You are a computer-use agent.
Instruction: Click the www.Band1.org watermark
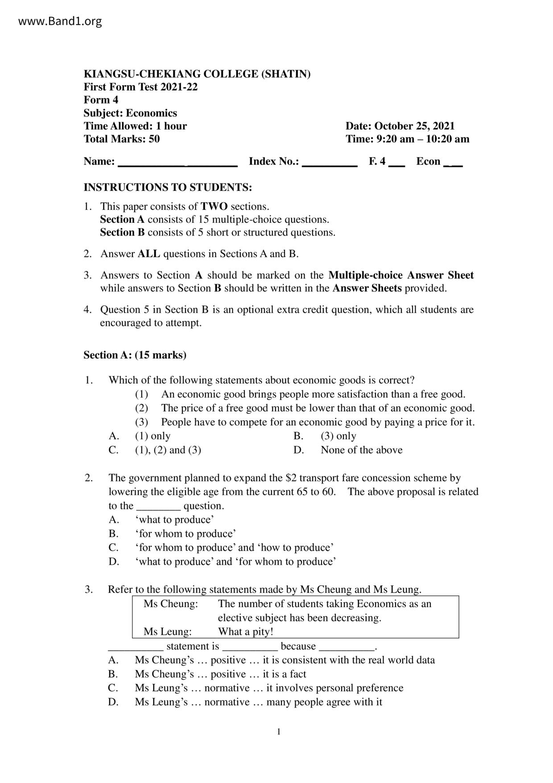(x=60, y=21)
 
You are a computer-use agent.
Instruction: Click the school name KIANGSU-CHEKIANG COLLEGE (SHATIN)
(x=197, y=74)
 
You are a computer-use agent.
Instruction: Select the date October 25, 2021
(x=414, y=126)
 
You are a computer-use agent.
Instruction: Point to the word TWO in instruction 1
(x=214, y=207)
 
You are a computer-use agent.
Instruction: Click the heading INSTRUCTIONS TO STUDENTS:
(x=168, y=187)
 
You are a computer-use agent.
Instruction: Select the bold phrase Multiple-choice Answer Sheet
(x=401, y=275)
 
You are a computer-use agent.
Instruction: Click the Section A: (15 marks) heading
(x=135, y=355)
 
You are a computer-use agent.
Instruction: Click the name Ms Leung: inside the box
(x=167, y=632)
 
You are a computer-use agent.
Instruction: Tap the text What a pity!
(x=245, y=632)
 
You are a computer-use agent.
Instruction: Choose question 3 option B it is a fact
(x=220, y=674)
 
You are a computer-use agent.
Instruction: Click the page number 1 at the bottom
(x=279, y=732)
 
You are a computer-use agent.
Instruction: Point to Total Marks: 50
(x=121, y=139)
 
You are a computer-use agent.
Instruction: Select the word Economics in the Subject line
(x=151, y=113)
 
